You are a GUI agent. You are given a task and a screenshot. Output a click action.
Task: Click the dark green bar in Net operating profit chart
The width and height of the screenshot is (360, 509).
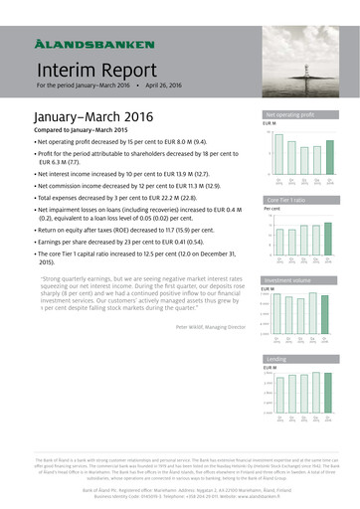(330, 158)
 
